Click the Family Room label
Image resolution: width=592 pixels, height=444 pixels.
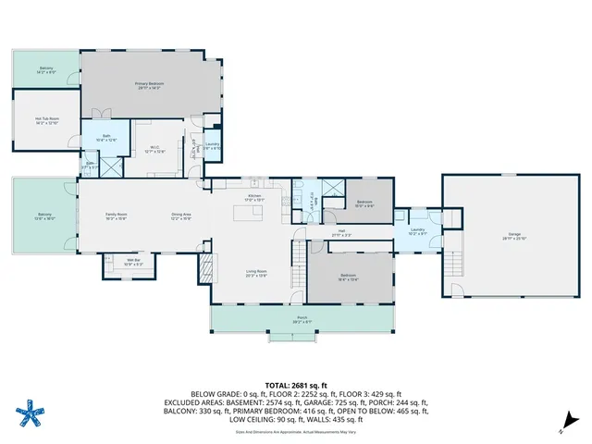pos(116,216)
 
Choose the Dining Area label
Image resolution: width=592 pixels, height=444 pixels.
pos(180,216)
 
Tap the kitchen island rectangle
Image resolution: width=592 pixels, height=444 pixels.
pos(246,215)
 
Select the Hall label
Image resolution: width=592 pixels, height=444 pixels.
pos(340,233)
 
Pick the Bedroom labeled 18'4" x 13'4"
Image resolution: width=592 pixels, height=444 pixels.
pos(348,277)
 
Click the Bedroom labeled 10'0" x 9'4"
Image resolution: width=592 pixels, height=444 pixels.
pos(364,203)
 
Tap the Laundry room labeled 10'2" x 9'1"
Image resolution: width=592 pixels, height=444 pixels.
pos(417,231)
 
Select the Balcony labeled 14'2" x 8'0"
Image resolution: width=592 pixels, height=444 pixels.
pos(45,69)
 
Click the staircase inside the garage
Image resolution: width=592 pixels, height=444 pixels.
pos(453,268)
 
